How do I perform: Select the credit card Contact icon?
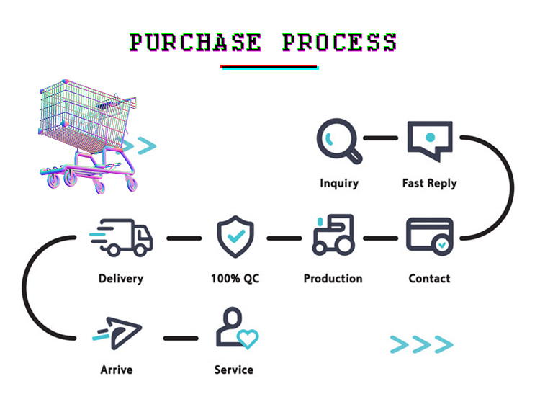pyautogui.click(x=429, y=236)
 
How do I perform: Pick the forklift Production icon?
pyautogui.click(x=333, y=235)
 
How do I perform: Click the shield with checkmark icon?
pyautogui.click(x=235, y=236)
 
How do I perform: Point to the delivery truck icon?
pyautogui.click(x=121, y=238)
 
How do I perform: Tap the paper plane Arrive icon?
pyautogui.click(x=117, y=333)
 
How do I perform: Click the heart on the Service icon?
pyautogui.click(x=248, y=339)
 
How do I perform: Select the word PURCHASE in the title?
pyautogui.click(x=195, y=43)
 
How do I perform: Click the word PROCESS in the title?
pyautogui.click(x=340, y=43)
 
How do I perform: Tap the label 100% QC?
pyautogui.click(x=235, y=279)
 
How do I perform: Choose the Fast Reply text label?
pyautogui.click(x=429, y=184)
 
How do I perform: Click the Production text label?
pyautogui.click(x=333, y=279)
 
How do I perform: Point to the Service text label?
pyautogui.click(x=234, y=370)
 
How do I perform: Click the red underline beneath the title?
pyautogui.click(x=269, y=66)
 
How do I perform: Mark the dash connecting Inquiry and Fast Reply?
pyautogui.click(x=381, y=138)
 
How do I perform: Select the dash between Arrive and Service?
pyautogui.click(x=181, y=339)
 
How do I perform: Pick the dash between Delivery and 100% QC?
pyautogui.click(x=184, y=238)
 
